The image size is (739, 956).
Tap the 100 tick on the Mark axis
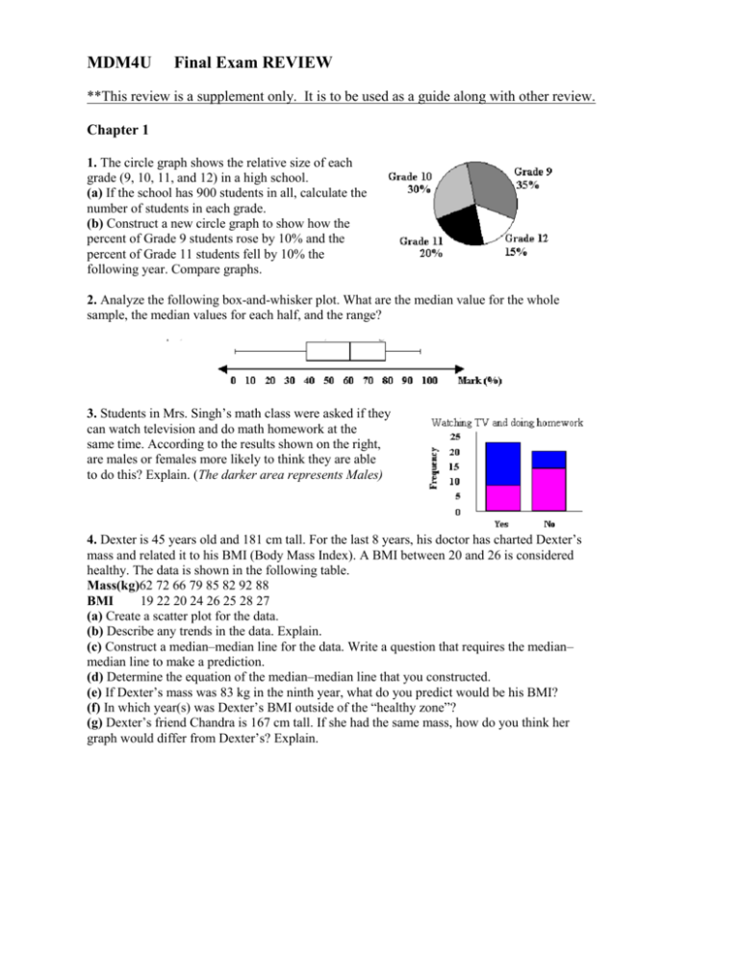(x=429, y=381)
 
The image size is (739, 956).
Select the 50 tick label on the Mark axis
(x=328, y=381)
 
